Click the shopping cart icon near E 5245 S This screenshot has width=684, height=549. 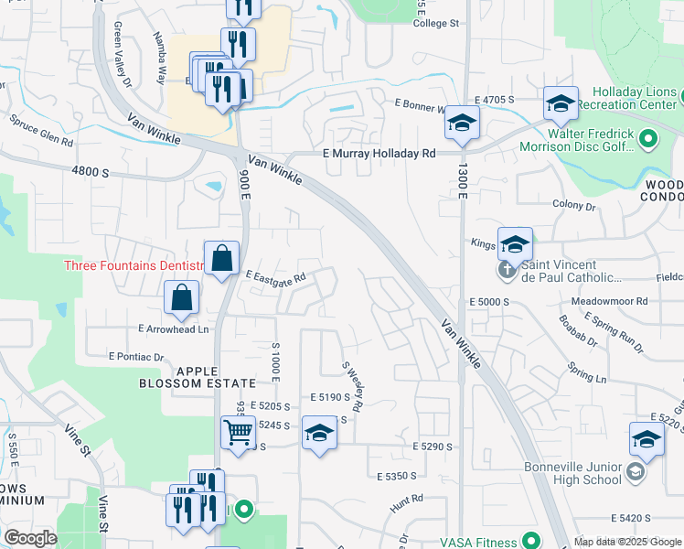[x=238, y=431]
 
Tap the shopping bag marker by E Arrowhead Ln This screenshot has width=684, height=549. [x=182, y=298]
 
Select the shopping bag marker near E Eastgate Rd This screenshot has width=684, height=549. [x=221, y=259]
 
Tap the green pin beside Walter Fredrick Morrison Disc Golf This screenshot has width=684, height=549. [x=648, y=139]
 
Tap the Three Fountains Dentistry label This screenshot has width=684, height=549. [x=133, y=265]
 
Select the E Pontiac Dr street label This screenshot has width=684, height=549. [x=135, y=356]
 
